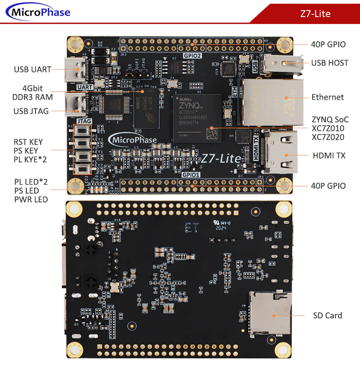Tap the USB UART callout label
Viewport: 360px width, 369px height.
point(32,70)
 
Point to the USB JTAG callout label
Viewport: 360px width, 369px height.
point(31,111)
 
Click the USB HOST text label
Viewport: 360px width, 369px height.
point(330,63)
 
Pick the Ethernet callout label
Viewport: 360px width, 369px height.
point(327,97)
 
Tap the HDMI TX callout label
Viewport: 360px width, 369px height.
point(329,156)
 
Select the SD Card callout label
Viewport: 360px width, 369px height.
point(327,315)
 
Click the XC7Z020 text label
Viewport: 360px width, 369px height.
point(327,137)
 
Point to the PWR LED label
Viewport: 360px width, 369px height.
point(31,200)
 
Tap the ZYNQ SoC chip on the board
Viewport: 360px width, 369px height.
point(197,117)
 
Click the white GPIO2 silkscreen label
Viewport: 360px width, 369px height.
point(192,55)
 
